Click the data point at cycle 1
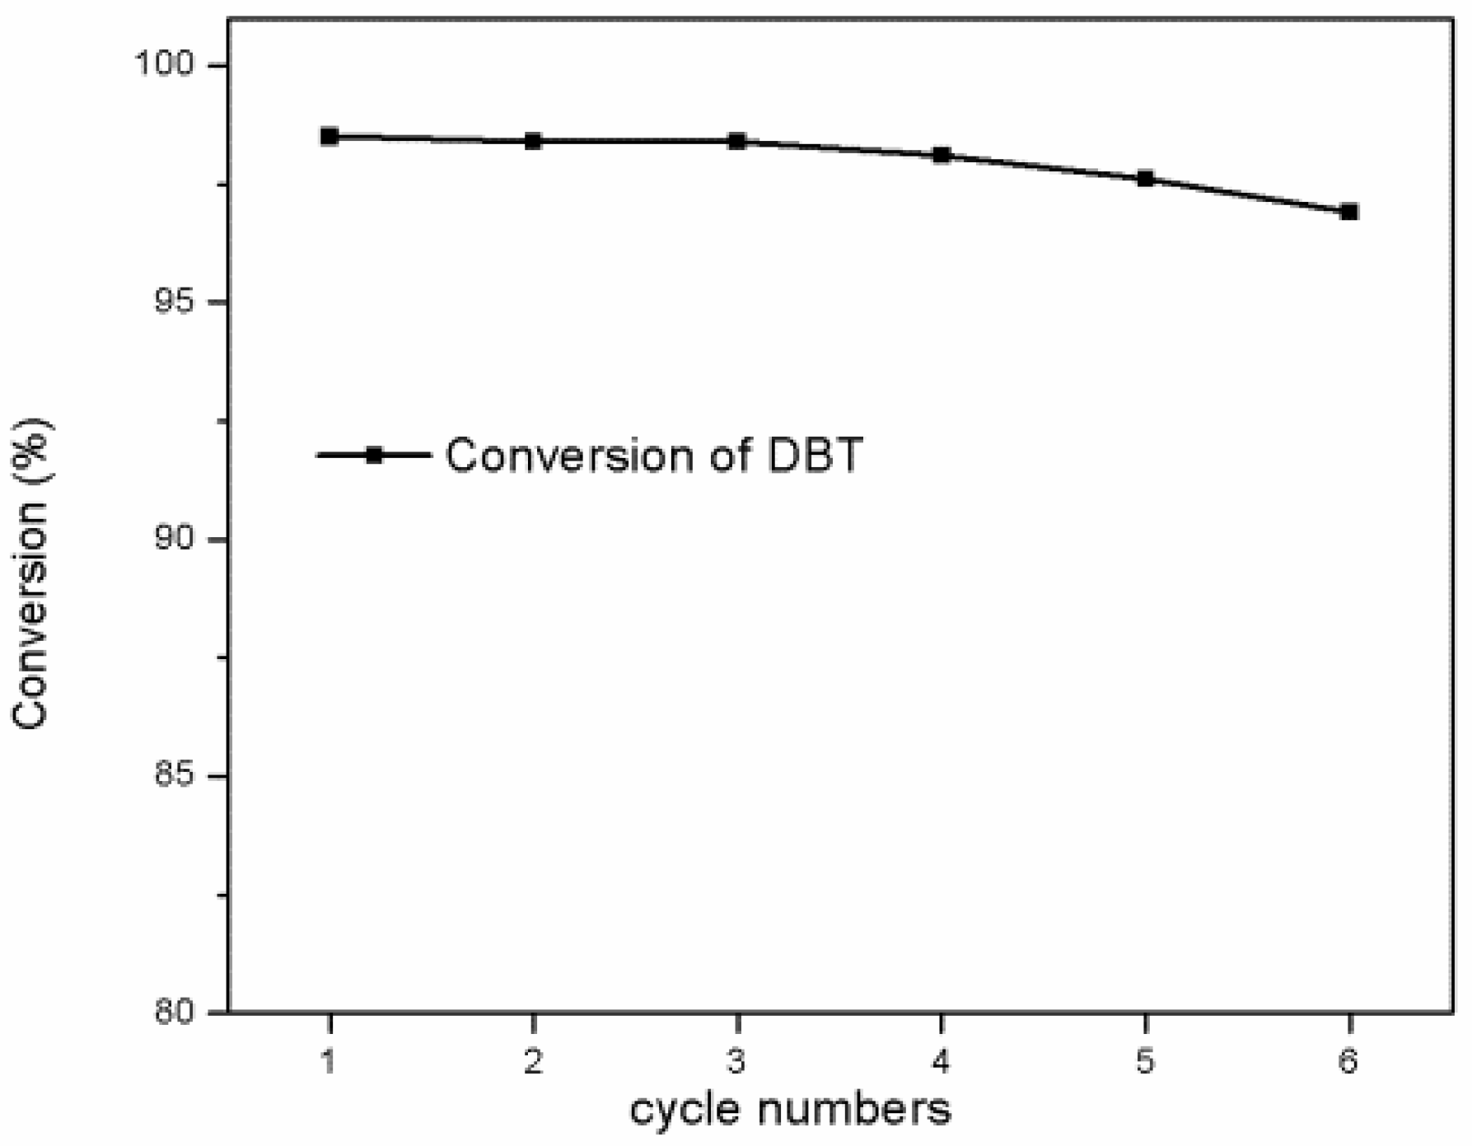329,137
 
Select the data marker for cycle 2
533,141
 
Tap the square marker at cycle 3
737,141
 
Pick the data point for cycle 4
942,155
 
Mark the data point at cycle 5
1145,178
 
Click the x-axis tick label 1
329,1061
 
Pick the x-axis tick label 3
737,1061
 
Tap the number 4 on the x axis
942,1061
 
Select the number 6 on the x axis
1348,1061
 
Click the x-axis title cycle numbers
790,1109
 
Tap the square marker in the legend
374,455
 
